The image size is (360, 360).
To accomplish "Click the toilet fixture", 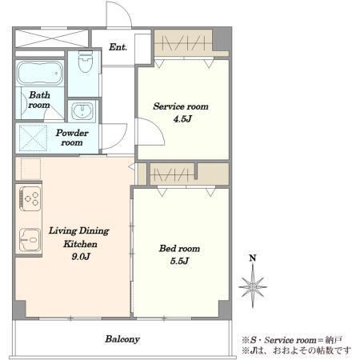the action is tap(86, 62).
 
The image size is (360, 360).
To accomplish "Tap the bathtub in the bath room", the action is tap(40, 73).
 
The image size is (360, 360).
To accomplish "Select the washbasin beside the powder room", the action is tap(83, 111).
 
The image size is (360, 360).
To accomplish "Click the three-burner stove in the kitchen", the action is tap(30, 198).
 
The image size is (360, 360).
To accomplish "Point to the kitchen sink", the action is tap(30, 239).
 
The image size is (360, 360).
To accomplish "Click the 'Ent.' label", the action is tap(118, 47).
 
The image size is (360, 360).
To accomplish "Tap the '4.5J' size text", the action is tap(182, 118).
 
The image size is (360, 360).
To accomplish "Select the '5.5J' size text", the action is tap(179, 261).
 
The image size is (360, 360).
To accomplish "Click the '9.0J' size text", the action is tap(81, 256).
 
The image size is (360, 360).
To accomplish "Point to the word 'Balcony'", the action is tap(122, 339).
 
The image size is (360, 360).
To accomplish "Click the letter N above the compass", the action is tap(253, 258).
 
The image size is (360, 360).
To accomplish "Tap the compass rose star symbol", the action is tap(253, 287).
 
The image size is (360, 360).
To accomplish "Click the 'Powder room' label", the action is tap(72, 138).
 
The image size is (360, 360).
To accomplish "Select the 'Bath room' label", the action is tap(39, 100).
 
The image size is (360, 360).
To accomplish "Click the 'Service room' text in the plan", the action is tap(181, 106).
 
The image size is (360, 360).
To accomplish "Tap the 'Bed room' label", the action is tap(179, 248).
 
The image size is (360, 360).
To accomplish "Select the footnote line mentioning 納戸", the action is tap(292, 340).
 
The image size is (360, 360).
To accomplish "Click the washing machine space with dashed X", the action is tap(33, 138).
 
